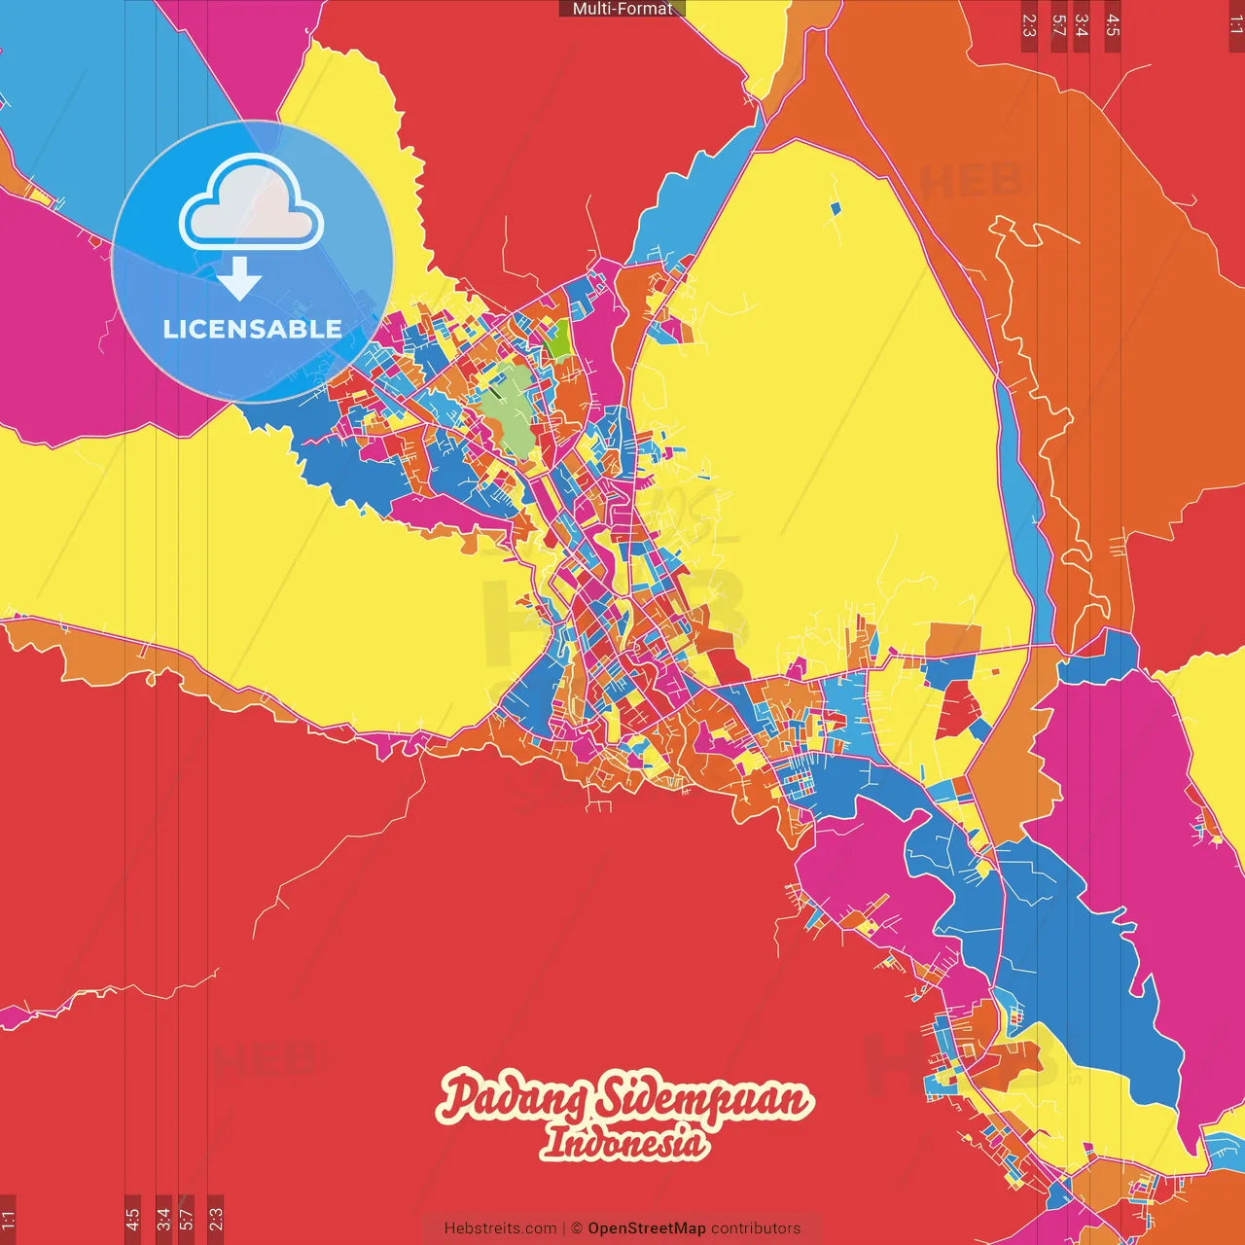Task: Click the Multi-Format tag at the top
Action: [x=622, y=9]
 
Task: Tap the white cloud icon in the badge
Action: [x=251, y=204]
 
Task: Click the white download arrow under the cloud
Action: [x=239, y=280]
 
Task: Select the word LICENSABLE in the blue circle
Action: [x=252, y=329]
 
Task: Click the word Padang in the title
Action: [x=512, y=1099]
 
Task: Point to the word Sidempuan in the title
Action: [x=702, y=1099]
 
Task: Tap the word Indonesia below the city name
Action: [x=623, y=1142]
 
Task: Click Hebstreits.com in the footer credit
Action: [x=500, y=1228]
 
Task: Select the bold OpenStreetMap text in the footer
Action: [x=646, y=1228]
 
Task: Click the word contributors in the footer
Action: [x=756, y=1228]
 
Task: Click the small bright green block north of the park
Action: [x=557, y=338]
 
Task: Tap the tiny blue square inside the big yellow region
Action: [x=836, y=207]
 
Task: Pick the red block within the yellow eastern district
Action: [x=956, y=709]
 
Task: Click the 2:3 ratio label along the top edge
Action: [x=1029, y=25]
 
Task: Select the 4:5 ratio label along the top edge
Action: [x=1113, y=25]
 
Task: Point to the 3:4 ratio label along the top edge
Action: [x=1081, y=25]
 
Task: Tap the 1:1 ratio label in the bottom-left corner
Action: [x=8, y=1220]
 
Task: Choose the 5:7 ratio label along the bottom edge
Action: [x=187, y=1220]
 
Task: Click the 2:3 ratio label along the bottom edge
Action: [x=216, y=1220]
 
